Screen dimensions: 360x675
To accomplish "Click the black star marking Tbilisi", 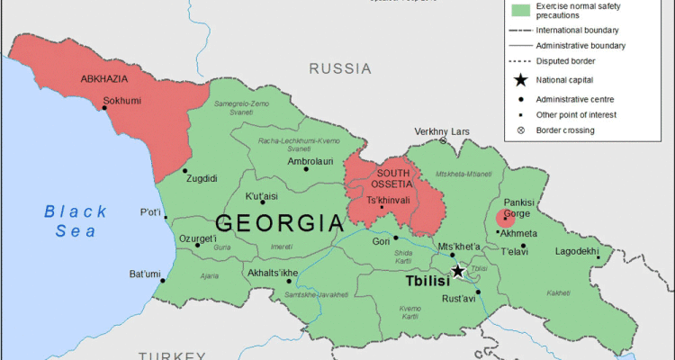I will coord(458,271).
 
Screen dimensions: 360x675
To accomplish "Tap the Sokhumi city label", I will coord(122,101).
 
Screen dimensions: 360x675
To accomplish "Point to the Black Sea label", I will coord(76,221).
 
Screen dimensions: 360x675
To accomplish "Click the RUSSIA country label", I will coord(340,68).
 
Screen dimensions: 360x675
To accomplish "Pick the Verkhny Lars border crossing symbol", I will coord(443,141).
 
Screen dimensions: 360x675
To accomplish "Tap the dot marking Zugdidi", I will coord(185,170).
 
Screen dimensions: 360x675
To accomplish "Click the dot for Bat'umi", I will coord(163,280).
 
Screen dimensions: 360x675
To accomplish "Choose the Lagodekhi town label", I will coord(577,251).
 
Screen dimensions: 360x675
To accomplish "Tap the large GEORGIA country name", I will coord(279,223).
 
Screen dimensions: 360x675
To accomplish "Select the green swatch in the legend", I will coord(519,11).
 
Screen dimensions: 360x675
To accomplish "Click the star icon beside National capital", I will coord(520,80).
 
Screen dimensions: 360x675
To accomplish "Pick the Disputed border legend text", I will coord(566,62).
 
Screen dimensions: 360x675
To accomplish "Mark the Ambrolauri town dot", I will coord(306,168).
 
